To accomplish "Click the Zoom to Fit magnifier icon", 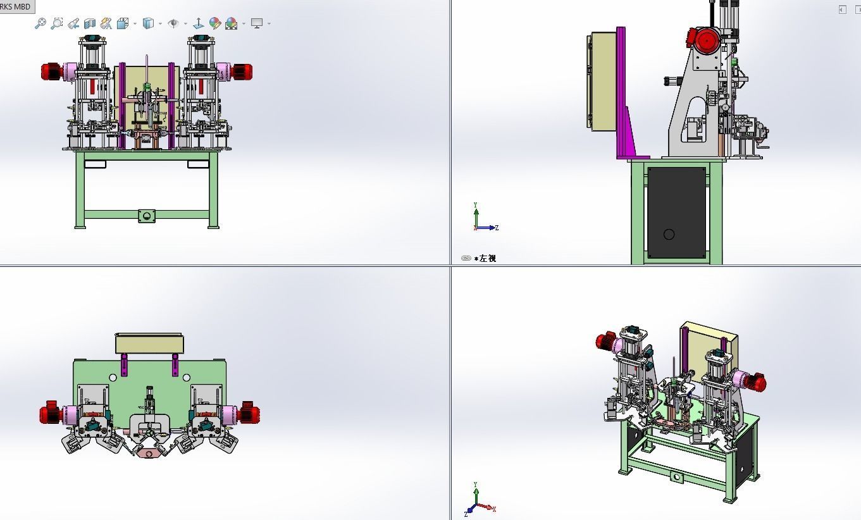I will coord(40,23).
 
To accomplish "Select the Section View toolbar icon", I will coord(89,23).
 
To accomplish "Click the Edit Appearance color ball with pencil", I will coord(215,23).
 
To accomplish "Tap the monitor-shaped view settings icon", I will coord(256,23).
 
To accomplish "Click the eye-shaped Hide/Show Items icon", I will coord(173,23).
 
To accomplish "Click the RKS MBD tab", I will coord(16,6).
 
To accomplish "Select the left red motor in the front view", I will coord(51,71).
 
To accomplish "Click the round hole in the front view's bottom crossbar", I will coord(147,216).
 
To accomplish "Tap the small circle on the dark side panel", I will coord(669,235).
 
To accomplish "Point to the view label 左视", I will coord(487,258).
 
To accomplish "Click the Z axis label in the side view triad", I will coord(497,228).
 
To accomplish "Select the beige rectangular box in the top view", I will coord(149,344).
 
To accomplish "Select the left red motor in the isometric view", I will coord(606,342).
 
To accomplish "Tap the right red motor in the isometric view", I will coord(756,381).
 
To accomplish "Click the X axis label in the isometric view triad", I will coord(494,509).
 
